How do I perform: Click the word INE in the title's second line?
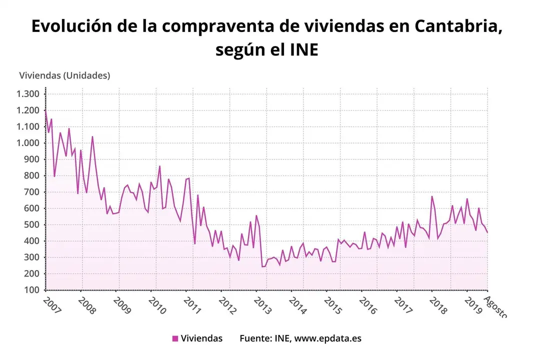[x=303, y=49]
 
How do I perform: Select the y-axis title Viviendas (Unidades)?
[x=64, y=75]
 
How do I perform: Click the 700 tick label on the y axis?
[x=31, y=192]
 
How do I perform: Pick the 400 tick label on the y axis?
[x=31, y=241]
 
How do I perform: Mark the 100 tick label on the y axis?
[x=31, y=290]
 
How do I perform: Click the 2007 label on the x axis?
[x=51, y=305]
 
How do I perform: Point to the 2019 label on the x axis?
[x=472, y=305]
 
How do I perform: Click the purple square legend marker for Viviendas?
[x=175, y=338]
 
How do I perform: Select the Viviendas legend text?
[x=201, y=338]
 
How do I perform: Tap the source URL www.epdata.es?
[x=327, y=338]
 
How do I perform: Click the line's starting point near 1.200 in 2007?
[x=46, y=111]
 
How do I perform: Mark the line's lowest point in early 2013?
[x=262, y=266]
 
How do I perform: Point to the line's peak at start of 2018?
[x=432, y=196]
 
